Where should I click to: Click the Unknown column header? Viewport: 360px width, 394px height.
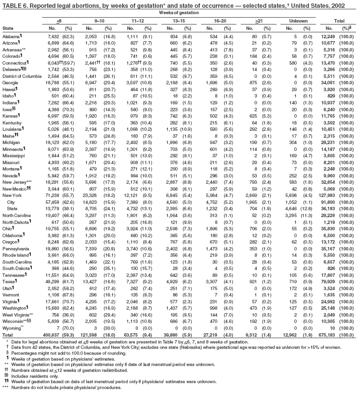point(296,22)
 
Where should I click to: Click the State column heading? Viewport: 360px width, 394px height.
point(8,29)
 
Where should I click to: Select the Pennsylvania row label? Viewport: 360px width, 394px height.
point(16,248)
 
